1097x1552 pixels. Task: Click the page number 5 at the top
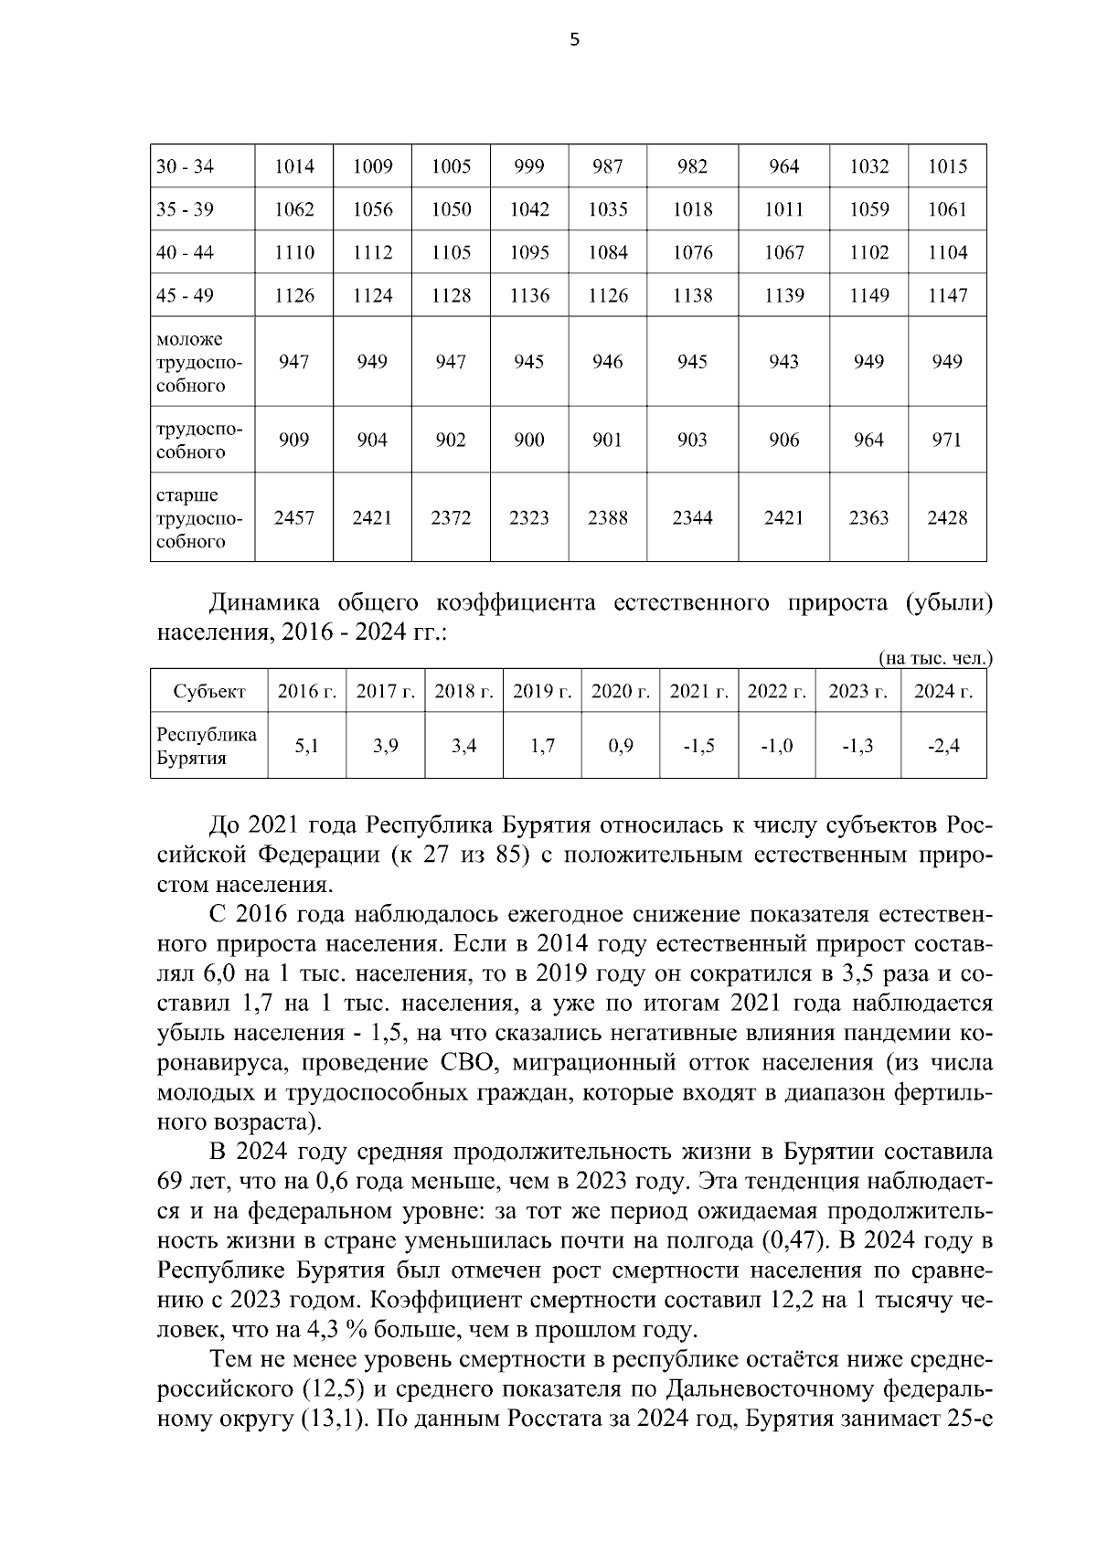[x=574, y=39]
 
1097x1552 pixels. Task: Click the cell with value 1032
[x=868, y=166]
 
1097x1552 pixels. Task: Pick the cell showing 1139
[x=783, y=295]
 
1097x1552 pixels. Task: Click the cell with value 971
[x=946, y=440]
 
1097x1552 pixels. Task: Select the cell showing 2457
[x=293, y=518]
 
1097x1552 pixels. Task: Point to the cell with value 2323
[x=528, y=518]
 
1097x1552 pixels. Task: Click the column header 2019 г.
[x=542, y=692]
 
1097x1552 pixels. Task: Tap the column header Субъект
[x=209, y=692]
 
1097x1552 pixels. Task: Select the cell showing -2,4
[x=943, y=746]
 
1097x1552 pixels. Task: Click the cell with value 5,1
[x=307, y=746]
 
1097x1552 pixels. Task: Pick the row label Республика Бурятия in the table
[x=207, y=746]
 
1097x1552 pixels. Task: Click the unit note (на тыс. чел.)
[x=935, y=658]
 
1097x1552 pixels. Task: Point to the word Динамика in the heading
[x=265, y=603]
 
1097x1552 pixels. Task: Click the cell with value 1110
[x=293, y=252]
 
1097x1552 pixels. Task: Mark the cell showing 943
[x=783, y=362]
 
